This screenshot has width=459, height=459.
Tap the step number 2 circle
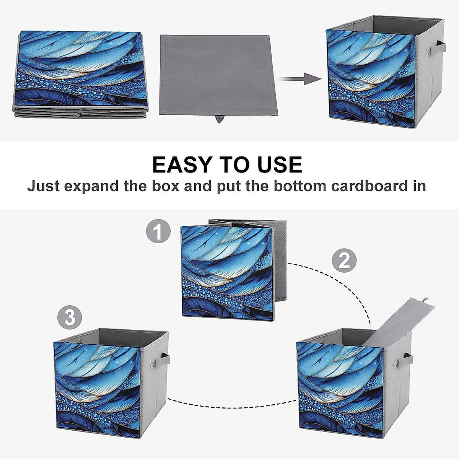tap(344, 262)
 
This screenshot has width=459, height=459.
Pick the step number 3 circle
tap(70, 317)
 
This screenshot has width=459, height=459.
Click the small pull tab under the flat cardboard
tap(219, 119)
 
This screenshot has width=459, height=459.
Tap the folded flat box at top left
tap(81, 73)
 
